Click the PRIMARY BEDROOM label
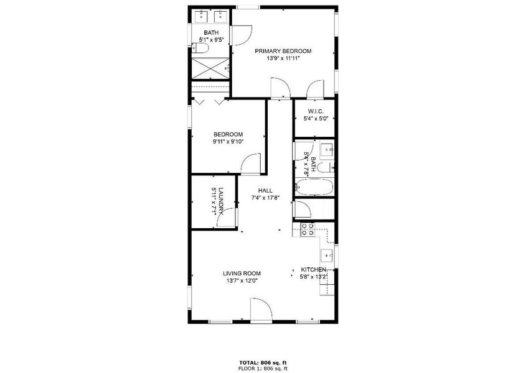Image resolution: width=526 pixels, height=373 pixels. (x=283, y=51)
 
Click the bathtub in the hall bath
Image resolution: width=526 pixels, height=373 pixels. (x=314, y=187)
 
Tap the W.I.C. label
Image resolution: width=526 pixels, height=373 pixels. (x=314, y=111)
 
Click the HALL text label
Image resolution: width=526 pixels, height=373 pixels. (x=265, y=191)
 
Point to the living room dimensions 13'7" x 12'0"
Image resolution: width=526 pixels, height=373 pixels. (x=242, y=281)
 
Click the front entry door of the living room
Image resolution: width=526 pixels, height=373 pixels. (x=261, y=309)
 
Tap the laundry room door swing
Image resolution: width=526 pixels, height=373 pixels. (x=229, y=218)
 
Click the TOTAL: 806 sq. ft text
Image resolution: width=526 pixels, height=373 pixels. (x=263, y=362)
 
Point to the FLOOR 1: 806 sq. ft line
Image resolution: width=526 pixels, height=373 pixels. (x=263, y=368)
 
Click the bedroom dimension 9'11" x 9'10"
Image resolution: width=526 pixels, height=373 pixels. (x=228, y=142)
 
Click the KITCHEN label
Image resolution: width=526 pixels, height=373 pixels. (x=313, y=269)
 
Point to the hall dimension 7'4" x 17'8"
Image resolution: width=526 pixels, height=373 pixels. (x=265, y=198)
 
